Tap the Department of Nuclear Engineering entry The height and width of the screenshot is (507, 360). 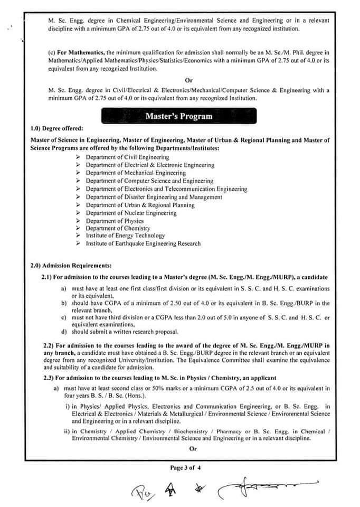pos(131,213)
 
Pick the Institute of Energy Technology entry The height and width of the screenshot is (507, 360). pos(125,236)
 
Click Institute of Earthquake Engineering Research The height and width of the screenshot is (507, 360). pos(143,243)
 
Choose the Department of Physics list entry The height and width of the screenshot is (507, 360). pos(115,221)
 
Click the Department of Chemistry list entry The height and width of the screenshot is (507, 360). pos(118,228)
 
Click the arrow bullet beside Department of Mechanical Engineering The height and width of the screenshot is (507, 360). pos(78,173)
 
